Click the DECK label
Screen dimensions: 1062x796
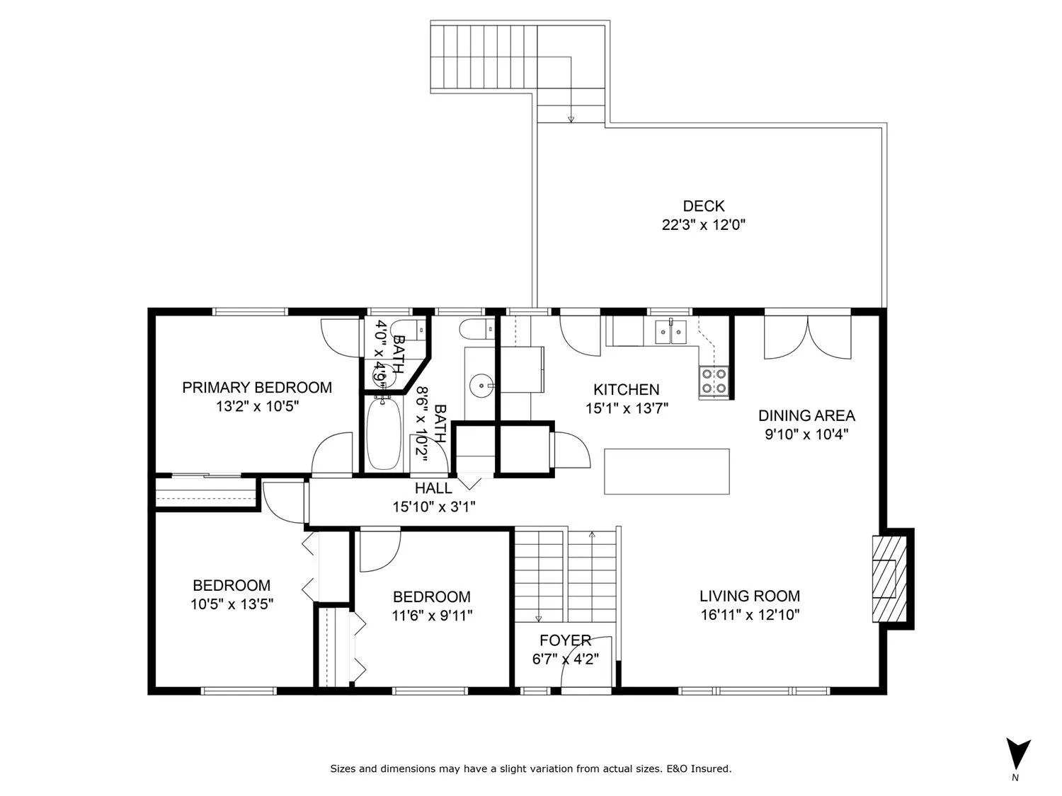pyautogui.click(x=703, y=207)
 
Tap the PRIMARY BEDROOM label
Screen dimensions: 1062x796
pyautogui.click(x=257, y=388)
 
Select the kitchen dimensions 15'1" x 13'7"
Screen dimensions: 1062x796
pyautogui.click(x=627, y=409)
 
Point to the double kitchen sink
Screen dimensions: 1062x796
pyautogui.click(x=670, y=332)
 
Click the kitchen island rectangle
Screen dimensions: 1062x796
pyautogui.click(x=667, y=471)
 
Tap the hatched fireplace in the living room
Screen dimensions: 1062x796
pyautogui.click(x=889, y=579)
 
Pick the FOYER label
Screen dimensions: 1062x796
pyautogui.click(x=565, y=640)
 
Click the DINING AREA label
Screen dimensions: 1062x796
pyautogui.click(x=806, y=415)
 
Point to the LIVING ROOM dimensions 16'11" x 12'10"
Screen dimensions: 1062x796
pyautogui.click(x=750, y=615)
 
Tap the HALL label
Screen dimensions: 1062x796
pyautogui.click(x=433, y=488)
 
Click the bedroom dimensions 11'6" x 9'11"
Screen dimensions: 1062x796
pyautogui.click(x=432, y=616)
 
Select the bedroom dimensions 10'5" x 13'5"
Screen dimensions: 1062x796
pyautogui.click(x=232, y=604)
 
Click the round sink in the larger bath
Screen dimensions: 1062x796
pyautogui.click(x=481, y=385)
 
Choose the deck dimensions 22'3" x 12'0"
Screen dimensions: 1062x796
pyautogui.click(x=704, y=225)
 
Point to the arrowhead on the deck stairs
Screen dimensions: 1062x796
pyautogui.click(x=571, y=119)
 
